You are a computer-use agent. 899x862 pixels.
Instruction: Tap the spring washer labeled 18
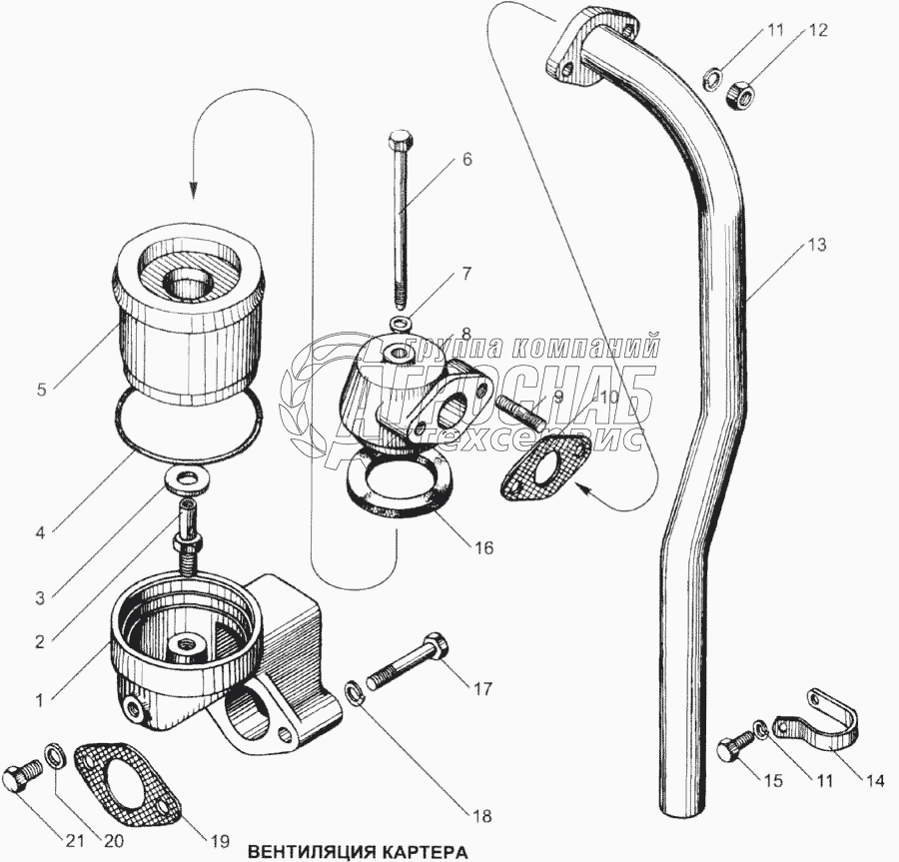click(353, 690)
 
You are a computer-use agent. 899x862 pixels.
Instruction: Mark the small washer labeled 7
click(402, 323)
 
